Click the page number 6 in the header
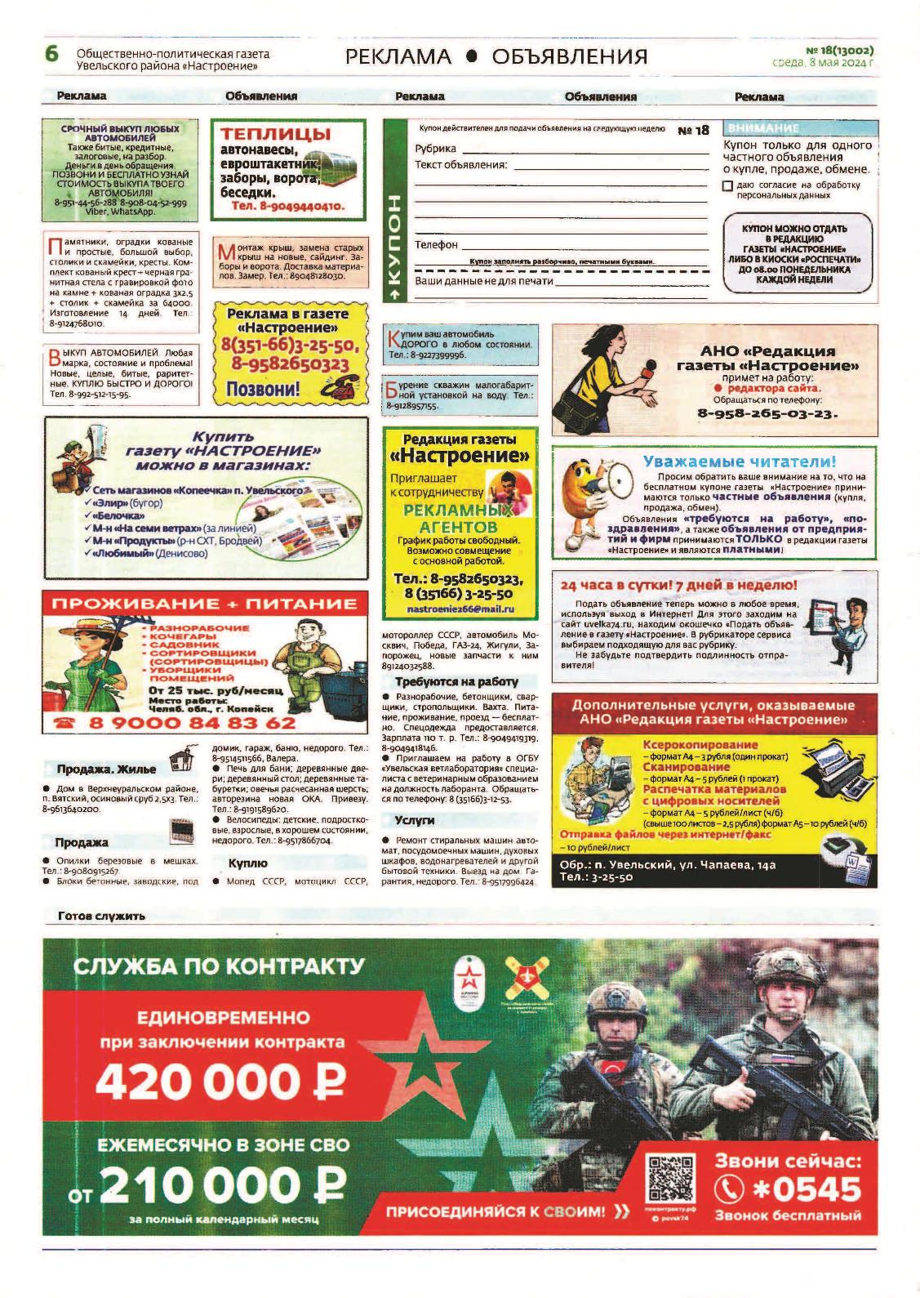tap(51, 55)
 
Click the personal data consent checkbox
tap(727, 185)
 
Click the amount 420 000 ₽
tap(220, 1083)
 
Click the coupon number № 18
tap(693, 130)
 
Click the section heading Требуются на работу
tap(456, 681)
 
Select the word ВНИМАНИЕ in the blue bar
tap(762, 128)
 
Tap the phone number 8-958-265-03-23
tap(767, 413)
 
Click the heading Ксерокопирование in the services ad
tap(689, 744)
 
